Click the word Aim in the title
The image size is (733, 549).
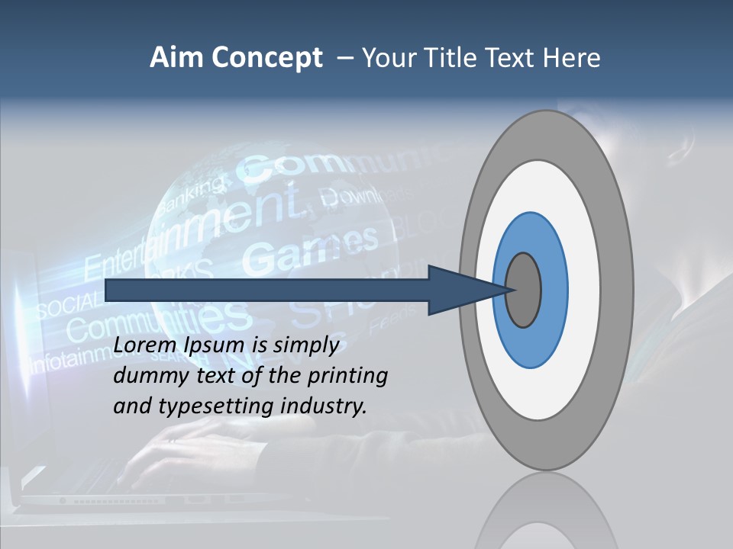pos(176,58)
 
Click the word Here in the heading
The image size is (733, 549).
pos(573,58)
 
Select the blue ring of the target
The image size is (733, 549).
pos(554,290)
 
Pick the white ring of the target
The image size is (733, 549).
pos(584,290)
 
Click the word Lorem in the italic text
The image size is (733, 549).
pos(147,346)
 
